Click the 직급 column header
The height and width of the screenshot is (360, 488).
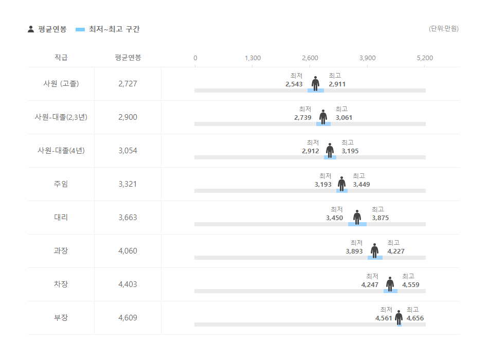61,58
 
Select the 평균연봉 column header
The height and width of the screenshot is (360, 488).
128,58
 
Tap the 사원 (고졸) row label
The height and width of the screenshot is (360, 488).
61,83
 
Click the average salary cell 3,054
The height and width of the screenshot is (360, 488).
128,151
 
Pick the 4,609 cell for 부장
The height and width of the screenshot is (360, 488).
128,318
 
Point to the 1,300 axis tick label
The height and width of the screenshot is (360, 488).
252,58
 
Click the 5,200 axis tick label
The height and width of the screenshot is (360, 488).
424,58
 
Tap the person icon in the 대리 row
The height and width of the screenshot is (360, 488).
357,217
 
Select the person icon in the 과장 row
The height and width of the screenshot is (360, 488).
374,250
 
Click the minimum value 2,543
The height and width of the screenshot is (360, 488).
294,84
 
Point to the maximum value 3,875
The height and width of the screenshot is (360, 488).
380,218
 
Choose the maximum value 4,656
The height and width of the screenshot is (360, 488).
415,318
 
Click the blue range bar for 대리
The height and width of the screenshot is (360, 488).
357,224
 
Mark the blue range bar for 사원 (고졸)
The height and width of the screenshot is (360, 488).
316,91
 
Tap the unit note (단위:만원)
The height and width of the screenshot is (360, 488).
443,29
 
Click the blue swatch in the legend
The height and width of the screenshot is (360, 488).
80,29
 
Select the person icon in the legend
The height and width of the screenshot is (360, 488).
31,29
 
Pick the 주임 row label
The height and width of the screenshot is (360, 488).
61,184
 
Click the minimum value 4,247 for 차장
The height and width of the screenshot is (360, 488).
370,285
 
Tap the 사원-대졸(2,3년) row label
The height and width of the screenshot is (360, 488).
61,117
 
